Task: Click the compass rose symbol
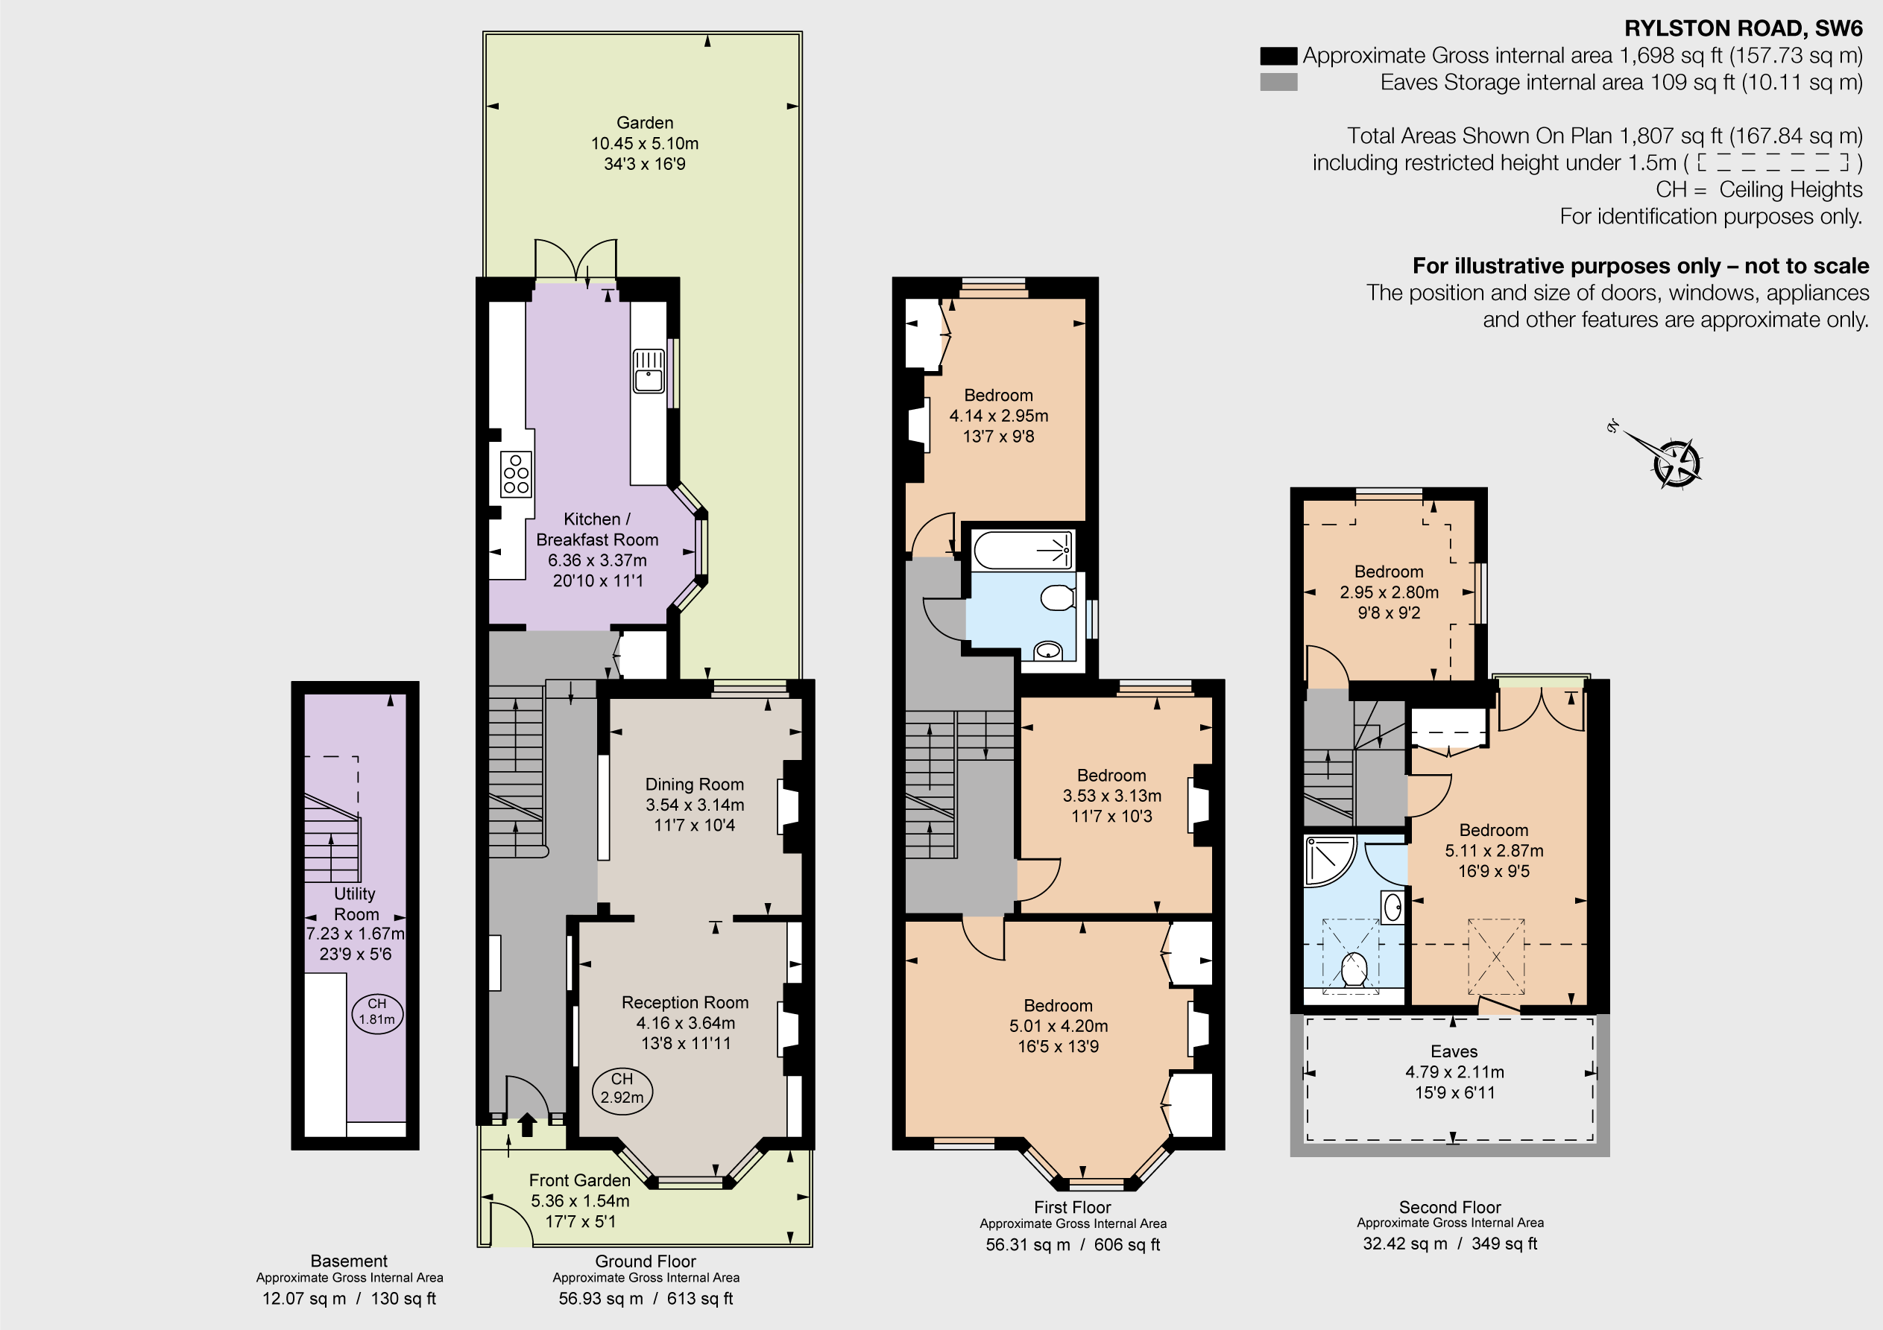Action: tap(1676, 463)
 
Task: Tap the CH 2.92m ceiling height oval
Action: tap(622, 1089)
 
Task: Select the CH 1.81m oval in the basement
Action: tap(376, 1012)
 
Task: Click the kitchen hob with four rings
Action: tap(516, 474)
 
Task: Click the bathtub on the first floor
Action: tap(1022, 550)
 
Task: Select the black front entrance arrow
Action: tap(526, 1124)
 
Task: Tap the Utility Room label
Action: tap(355, 904)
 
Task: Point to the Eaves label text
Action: tap(1454, 1051)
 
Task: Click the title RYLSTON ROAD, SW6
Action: tap(1743, 29)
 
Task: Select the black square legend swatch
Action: tap(1278, 56)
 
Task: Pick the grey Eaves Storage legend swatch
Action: tap(1278, 82)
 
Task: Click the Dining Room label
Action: tap(694, 784)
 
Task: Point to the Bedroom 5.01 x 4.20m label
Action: tap(1058, 1025)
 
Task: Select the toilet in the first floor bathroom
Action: tap(1058, 598)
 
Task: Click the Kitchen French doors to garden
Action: tap(575, 261)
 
